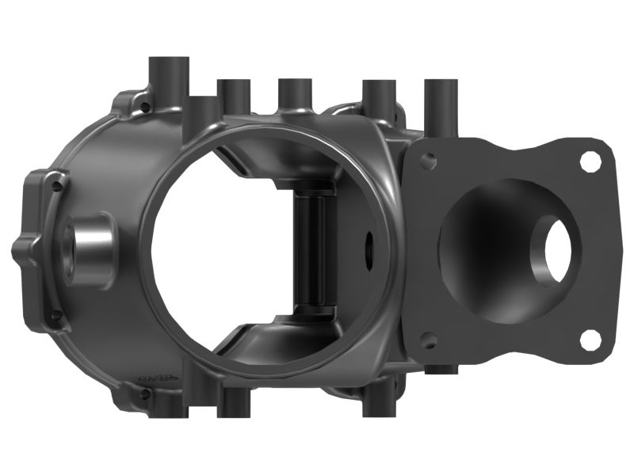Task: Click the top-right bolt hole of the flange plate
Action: (x=590, y=161)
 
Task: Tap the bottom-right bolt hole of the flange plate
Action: (x=590, y=340)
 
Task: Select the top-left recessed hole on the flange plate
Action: (x=428, y=161)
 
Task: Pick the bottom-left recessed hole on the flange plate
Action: (x=428, y=340)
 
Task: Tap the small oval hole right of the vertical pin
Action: (x=369, y=247)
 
